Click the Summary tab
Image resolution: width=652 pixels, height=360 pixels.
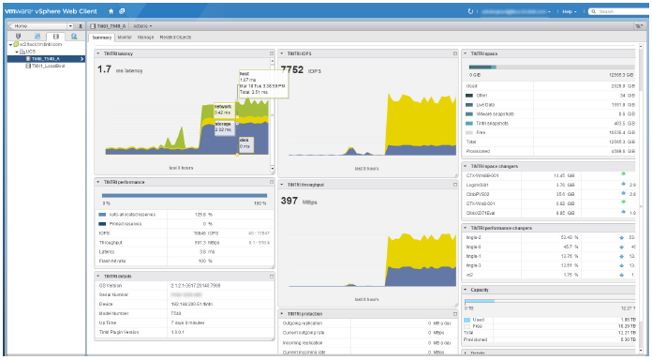(101, 37)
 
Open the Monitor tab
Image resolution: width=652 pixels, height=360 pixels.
(124, 37)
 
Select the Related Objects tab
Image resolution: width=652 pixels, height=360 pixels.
(175, 37)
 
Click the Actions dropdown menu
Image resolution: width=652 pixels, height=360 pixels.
(143, 25)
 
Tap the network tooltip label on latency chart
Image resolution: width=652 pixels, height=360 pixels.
(222, 108)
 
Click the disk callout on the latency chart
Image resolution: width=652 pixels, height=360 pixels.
(244, 143)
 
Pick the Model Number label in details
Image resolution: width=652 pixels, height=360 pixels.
(117, 312)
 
